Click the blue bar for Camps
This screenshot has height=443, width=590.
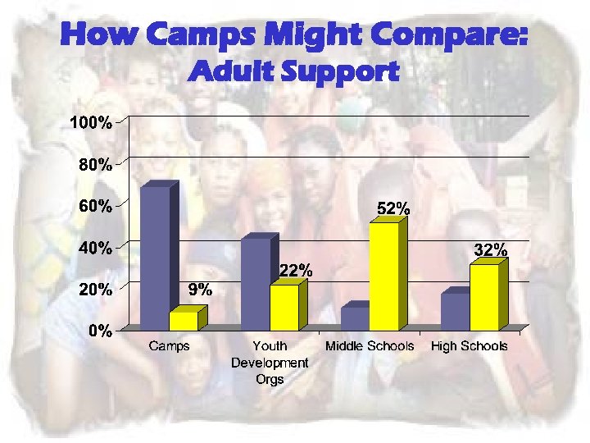[x=155, y=258]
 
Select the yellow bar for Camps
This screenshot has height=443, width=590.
[x=184, y=321]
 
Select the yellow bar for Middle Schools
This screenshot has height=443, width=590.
[x=383, y=276]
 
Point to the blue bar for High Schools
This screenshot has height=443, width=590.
[x=455, y=311]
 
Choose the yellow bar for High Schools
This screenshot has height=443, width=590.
[x=484, y=296]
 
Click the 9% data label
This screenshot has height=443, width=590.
[x=200, y=289]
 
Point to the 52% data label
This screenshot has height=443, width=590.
[x=393, y=209]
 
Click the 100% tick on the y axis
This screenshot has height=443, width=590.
[x=90, y=123]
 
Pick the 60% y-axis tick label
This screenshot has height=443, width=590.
[x=95, y=206]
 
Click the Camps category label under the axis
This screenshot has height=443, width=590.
[x=169, y=346]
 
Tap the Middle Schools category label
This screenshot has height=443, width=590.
[x=370, y=346]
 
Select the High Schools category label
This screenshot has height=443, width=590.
[x=470, y=346]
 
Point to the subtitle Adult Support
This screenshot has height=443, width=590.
[x=293, y=72]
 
